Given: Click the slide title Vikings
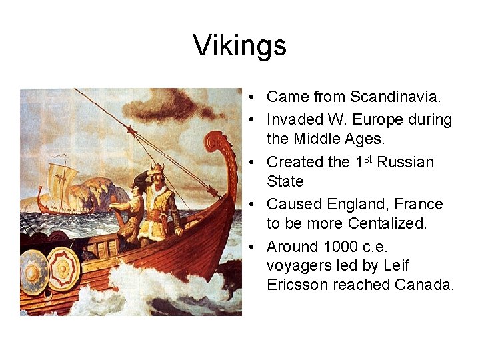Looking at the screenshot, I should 240,45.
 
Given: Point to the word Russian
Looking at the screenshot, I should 405,162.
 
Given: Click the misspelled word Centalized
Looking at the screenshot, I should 387,224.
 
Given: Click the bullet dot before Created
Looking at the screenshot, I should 256,162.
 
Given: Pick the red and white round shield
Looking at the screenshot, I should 63,268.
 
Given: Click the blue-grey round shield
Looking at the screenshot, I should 33,271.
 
